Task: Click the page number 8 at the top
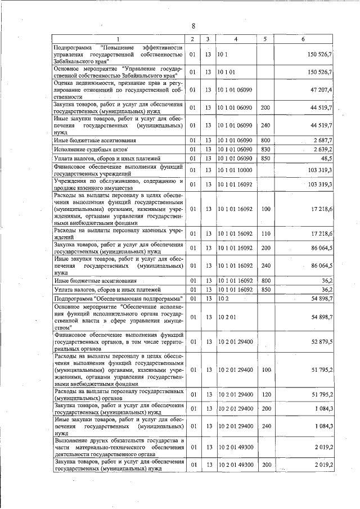(x=192, y=26)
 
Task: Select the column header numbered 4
(x=235, y=39)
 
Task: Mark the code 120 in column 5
(x=266, y=394)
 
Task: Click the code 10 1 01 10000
(x=238, y=169)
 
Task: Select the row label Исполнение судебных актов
(x=91, y=150)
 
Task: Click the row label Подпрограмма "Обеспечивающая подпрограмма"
(x=119, y=298)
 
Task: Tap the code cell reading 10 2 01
(x=227, y=317)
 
